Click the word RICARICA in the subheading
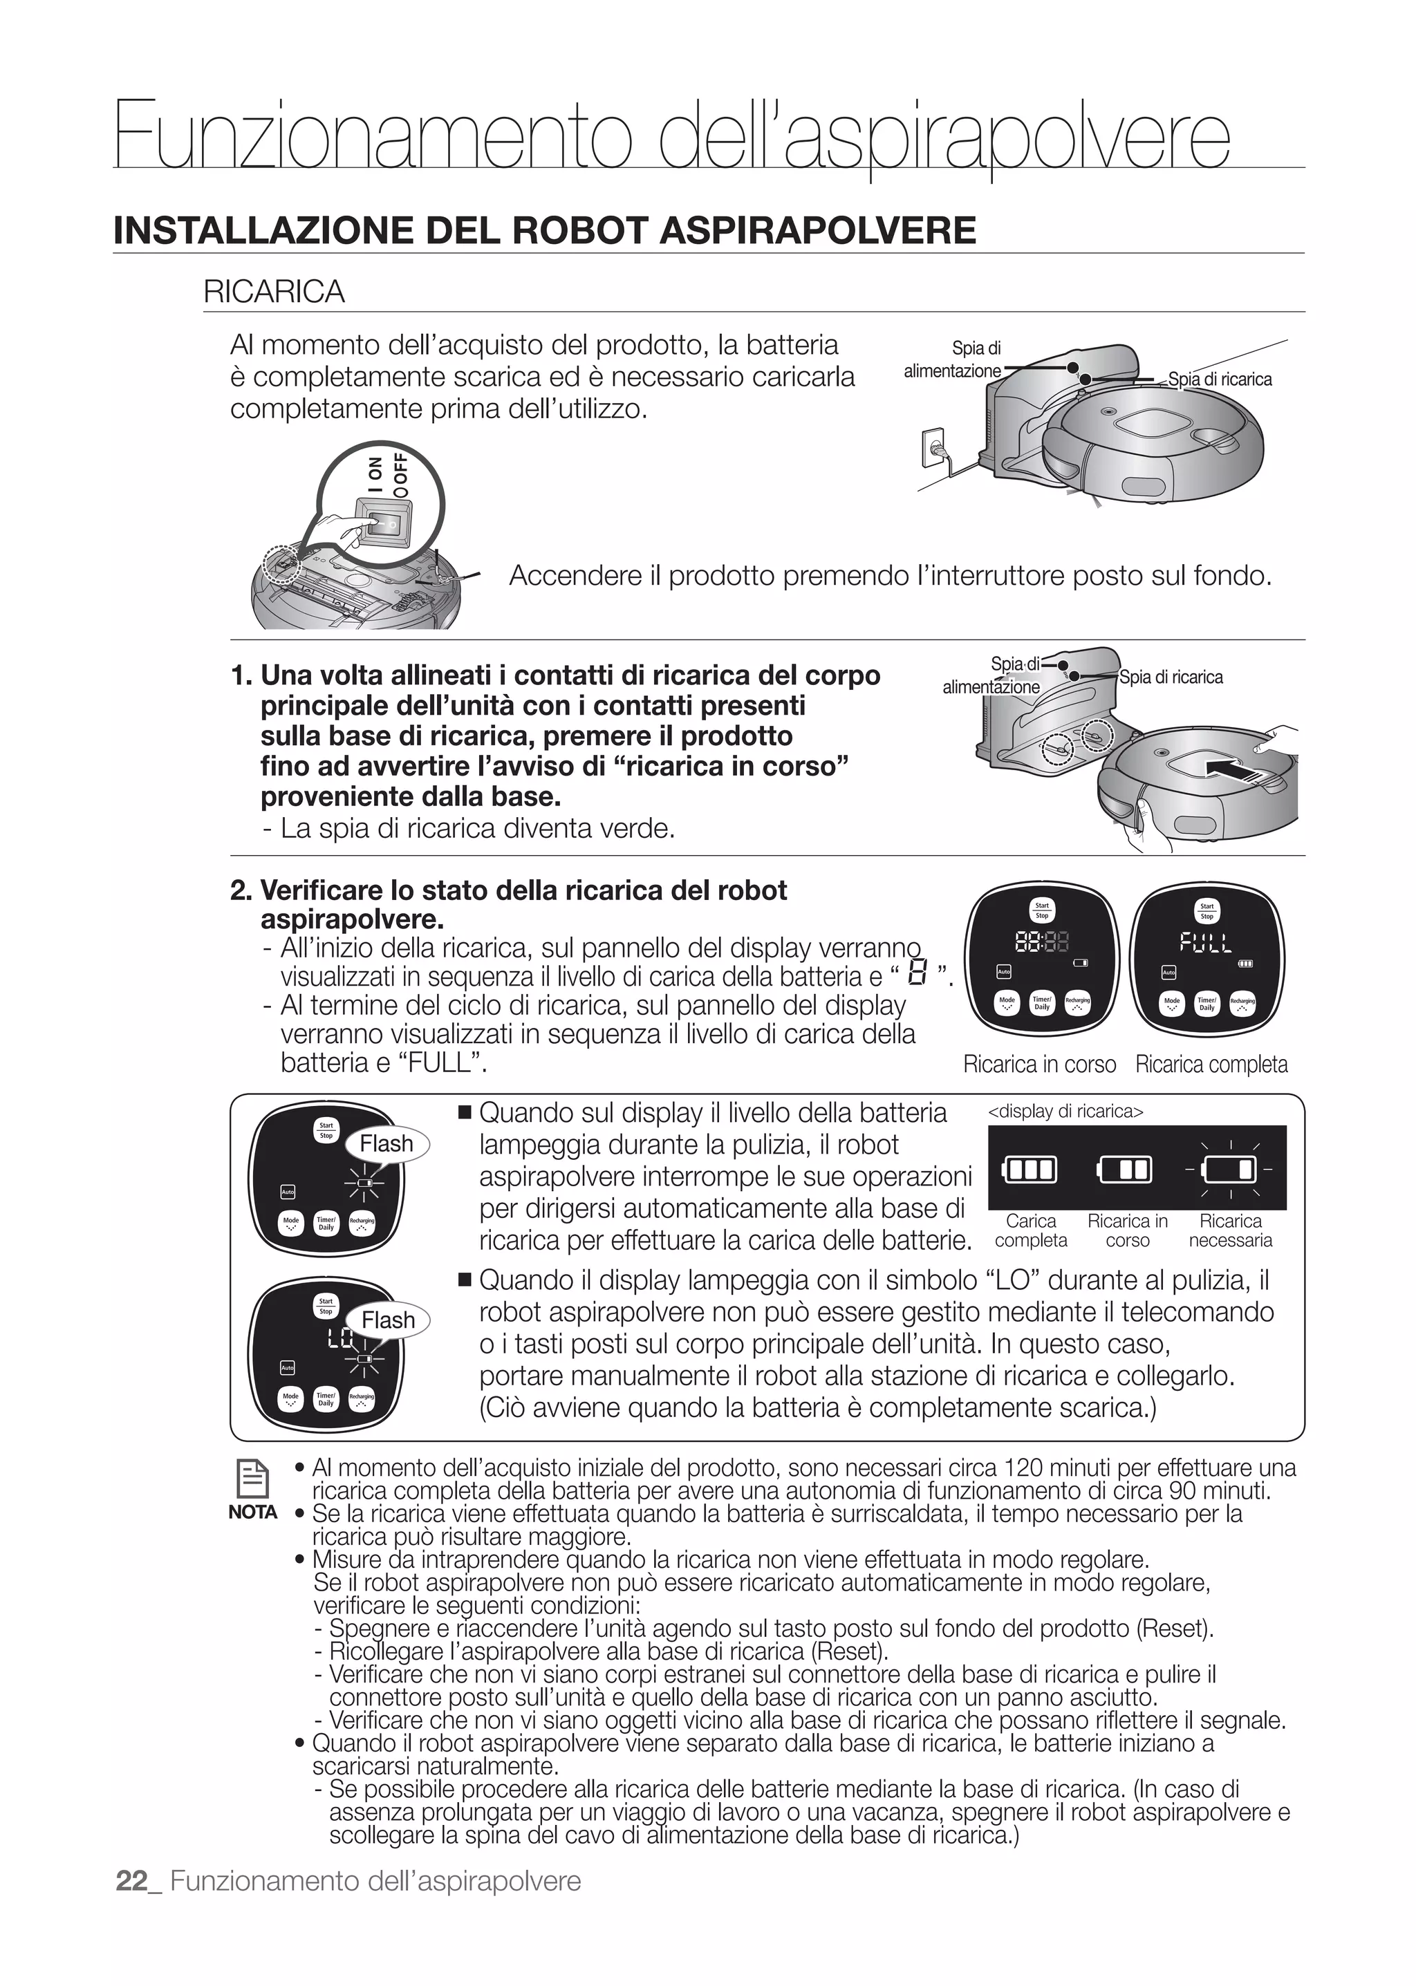(274, 291)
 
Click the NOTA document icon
(253, 1479)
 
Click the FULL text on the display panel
(1206, 942)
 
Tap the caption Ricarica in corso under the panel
(1039, 1065)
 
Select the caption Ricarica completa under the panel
(1211, 1065)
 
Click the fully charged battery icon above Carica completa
(1031, 1169)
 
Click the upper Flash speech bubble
(386, 1144)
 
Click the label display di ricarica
(1065, 1112)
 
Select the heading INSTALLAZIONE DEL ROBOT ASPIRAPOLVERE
(545, 230)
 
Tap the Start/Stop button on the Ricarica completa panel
(1207, 911)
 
